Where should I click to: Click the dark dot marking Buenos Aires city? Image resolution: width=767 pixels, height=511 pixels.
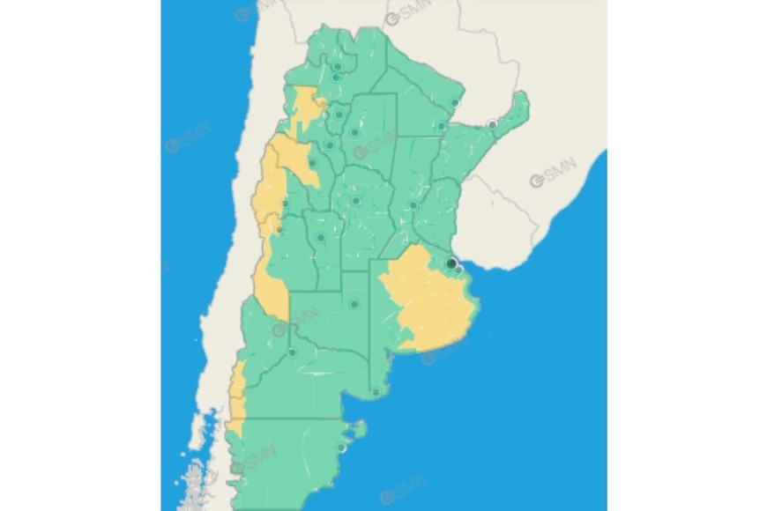[x=451, y=263]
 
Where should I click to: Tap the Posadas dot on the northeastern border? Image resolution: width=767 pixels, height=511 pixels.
[x=492, y=123]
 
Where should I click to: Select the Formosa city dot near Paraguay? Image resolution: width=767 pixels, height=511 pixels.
[x=455, y=103]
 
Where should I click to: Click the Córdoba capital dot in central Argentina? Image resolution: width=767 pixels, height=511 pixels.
[x=356, y=201]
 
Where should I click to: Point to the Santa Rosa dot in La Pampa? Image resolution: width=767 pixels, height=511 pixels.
[x=354, y=304]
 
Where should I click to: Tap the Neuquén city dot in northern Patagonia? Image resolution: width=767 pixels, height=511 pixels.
[x=292, y=353]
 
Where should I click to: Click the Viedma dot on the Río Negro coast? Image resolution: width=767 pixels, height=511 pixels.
[x=376, y=392]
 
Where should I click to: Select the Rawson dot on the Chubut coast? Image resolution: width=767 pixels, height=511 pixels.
[x=342, y=448]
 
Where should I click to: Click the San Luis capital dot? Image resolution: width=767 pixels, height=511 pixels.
[x=321, y=237]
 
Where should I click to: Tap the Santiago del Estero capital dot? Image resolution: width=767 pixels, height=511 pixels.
[x=355, y=132]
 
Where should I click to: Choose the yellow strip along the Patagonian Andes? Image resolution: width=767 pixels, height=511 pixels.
[x=236, y=401]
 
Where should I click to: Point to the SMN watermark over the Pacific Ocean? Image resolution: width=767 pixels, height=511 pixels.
[x=187, y=139]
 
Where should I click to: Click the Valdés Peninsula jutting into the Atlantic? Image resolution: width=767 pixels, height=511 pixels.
[x=358, y=430]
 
